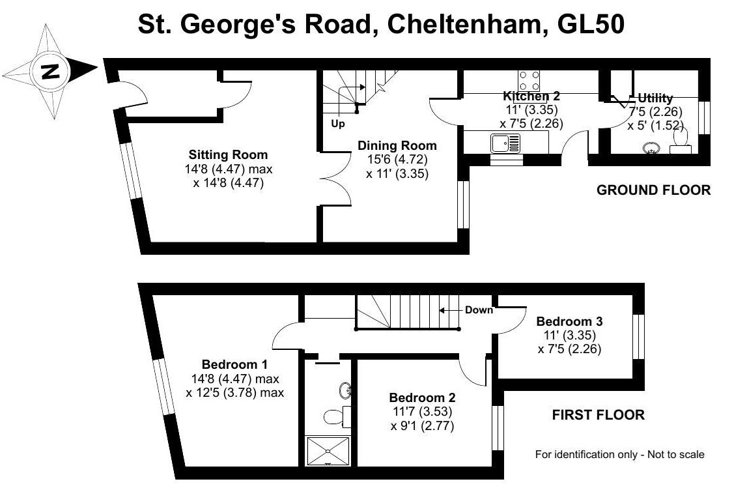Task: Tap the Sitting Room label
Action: [228, 155]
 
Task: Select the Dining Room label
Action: [397, 145]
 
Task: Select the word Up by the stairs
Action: [337, 124]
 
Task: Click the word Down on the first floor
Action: [479, 310]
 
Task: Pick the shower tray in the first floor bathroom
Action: [328, 450]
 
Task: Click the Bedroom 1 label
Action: [234, 364]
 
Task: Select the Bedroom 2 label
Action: [422, 397]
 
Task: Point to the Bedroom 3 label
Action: [569, 321]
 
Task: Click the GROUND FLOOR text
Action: [653, 190]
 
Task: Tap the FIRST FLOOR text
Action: [598, 414]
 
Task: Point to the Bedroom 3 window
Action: [640, 336]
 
